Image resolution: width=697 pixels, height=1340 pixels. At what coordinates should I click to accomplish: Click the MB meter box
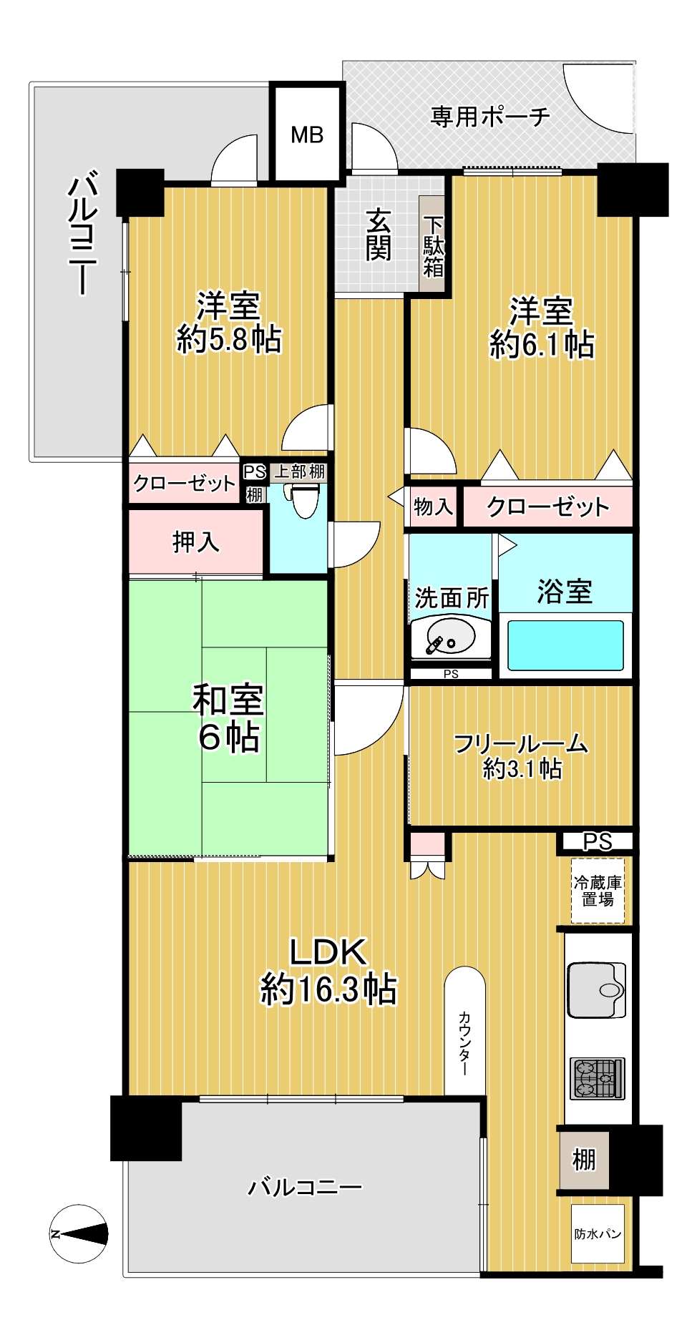click(x=307, y=132)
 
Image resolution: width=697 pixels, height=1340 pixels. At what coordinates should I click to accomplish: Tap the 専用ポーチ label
click(x=490, y=116)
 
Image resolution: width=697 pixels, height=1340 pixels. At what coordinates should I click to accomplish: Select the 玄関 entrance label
click(x=379, y=234)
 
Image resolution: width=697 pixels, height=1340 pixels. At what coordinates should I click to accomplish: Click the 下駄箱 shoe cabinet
click(x=434, y=245)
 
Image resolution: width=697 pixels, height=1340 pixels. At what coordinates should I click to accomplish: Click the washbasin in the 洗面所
click(x=444, y=636)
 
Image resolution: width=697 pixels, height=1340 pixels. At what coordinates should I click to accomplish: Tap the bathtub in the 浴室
click(x=565, y=645)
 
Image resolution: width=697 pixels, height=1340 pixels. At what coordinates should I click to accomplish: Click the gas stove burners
click(x=598, y=1079)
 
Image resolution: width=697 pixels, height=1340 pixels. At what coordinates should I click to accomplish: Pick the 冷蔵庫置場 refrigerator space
click(x=598, y=891)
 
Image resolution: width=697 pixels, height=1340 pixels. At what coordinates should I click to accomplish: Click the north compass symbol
click(x=79, y=1234)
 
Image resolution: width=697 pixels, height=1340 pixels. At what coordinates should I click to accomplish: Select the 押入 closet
click(x=195, y=542)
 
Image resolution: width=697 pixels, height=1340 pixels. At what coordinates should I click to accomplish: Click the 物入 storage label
click(x=433, y=507)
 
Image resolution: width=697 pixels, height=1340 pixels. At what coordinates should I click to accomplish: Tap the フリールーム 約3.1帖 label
click(x=521, y=755)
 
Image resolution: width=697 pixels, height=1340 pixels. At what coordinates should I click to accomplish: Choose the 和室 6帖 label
click(x=228, y=718)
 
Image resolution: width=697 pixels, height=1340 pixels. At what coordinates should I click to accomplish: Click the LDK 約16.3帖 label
click(x=328, y=971)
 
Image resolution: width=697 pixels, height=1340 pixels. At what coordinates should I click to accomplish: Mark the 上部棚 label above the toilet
click(x=300, y=471)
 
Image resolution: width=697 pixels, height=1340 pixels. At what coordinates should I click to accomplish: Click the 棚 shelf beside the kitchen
click(x=584, y=1159)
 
